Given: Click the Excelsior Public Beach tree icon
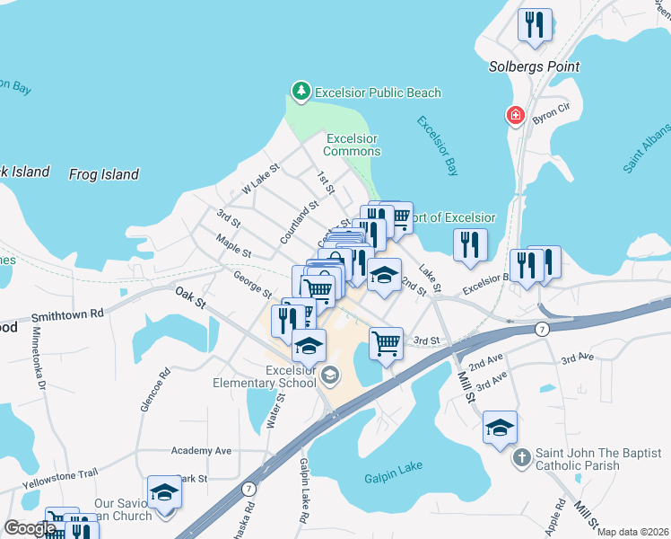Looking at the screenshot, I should tap(301, 93).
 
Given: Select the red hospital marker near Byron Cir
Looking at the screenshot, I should tap(515, 115).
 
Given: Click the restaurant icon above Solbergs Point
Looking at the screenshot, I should tap(536, 25).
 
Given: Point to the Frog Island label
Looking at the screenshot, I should tap(104, 174).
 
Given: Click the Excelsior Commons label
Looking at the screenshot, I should tap(352, 145).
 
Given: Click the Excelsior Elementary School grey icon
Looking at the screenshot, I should tap(330, 376).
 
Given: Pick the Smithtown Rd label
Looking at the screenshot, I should tap(67, 316).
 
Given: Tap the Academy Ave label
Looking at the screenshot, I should tap(201, 451).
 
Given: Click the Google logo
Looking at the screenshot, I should tap(30, 528).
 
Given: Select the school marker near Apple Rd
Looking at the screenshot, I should tap(500, 428).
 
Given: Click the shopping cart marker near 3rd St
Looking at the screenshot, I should tap(386, 342).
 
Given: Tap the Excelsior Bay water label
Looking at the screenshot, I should tap(439, 146).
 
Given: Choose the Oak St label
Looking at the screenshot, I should tap(191, 297).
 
